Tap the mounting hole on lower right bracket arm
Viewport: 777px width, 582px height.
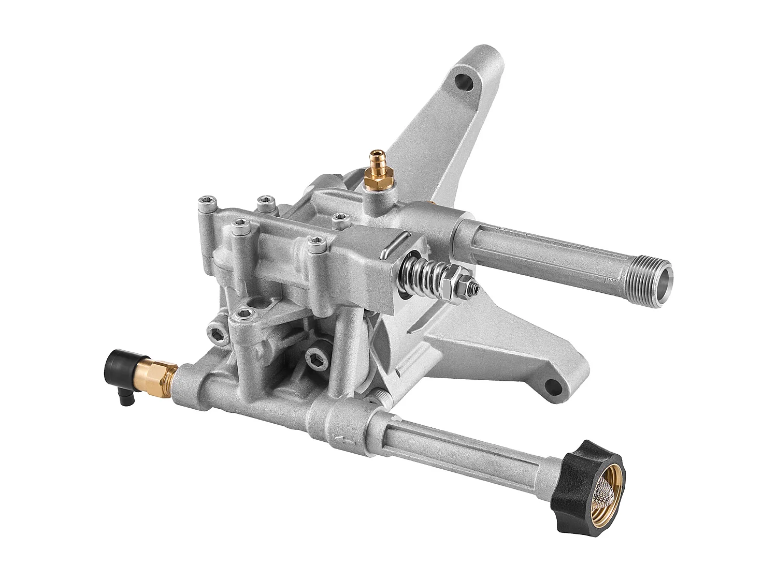click(553, 384)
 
